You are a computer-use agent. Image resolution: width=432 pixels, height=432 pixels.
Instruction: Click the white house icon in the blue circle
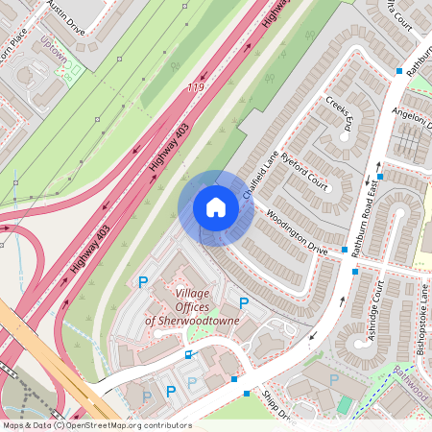(x=216, y=206)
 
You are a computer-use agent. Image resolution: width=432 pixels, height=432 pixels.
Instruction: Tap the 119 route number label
(x=196, y=87)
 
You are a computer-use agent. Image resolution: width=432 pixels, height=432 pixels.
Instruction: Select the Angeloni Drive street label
(x=410, y=124)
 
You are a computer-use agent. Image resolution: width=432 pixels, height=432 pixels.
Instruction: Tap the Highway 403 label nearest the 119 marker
(x=170, y=144)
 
